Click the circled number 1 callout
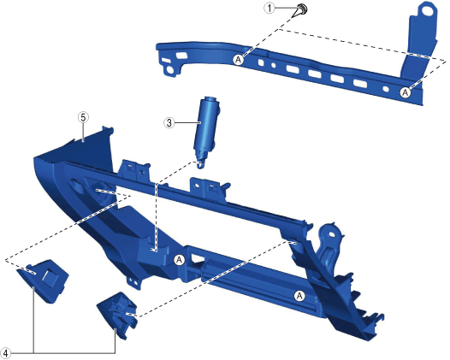[x=269, y=8]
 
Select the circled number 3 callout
[x=169, y=123]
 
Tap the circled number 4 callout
[x=5, y=352]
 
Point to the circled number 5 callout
[x=83, y=117]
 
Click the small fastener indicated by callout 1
[x=302, y=9]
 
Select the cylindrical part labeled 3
[x=205, y=127]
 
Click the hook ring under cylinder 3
[x=200, y=164]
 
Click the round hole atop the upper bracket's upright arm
[x=428, y=10]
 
